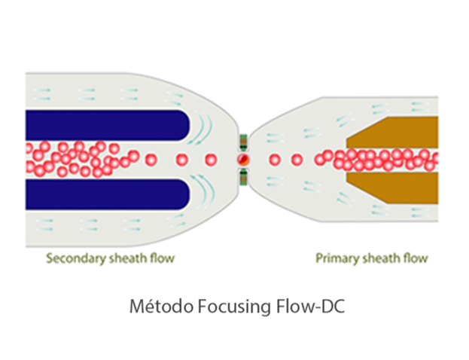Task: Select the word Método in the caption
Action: tap(151, 309)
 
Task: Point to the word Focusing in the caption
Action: tap(212, 309)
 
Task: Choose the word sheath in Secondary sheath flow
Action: tap(124, 259)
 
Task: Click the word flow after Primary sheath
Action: tap(416, 259)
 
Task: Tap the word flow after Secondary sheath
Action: tap(162, 259)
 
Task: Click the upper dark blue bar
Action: tap(105, 124)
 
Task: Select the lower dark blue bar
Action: tap(105, 194)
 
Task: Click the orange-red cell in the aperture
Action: tap(243, 160)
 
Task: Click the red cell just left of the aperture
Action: tap(211, 160)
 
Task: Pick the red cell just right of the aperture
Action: tap(275, 160)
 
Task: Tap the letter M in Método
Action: tap(136, 309)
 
